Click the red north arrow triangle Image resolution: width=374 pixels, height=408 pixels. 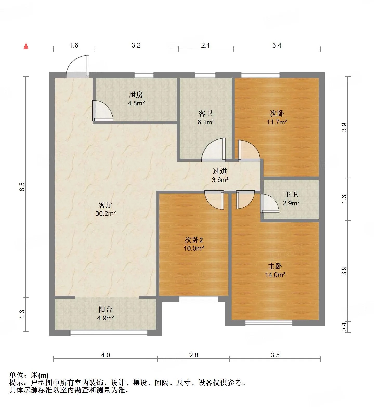[x=26, y=46]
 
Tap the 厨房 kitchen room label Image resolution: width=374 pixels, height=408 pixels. [x=136, y=95]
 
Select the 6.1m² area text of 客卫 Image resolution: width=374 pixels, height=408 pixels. [x=206, y=122]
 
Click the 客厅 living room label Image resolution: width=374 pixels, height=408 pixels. [x=106, y=205]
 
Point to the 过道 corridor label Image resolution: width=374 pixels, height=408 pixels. [x=220, y=171]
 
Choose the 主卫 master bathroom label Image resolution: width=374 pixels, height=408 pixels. [x=291, y=194]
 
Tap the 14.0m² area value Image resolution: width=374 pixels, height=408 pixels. [x=275, y=275]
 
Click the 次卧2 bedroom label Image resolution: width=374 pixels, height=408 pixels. [x=194, y=240]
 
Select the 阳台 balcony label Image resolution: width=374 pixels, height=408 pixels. [x=106, y=309]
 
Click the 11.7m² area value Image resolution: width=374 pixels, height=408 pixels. [x=277, y=122]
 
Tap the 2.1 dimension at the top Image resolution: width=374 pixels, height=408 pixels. [x=205, y=45]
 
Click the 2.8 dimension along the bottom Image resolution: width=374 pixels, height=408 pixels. [x=194, y=355]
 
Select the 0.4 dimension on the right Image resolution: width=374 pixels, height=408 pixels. [x=344, y=327]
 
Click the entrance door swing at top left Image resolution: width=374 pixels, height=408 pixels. [x=77, y=66]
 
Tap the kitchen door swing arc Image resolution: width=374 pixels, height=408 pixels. [x=103, y=111]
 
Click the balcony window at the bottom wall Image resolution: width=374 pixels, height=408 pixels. [x=109, y=333]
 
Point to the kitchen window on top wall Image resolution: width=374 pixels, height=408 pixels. [x=144, y=75]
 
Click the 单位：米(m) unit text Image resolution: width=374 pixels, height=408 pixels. [x=29, y=375]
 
